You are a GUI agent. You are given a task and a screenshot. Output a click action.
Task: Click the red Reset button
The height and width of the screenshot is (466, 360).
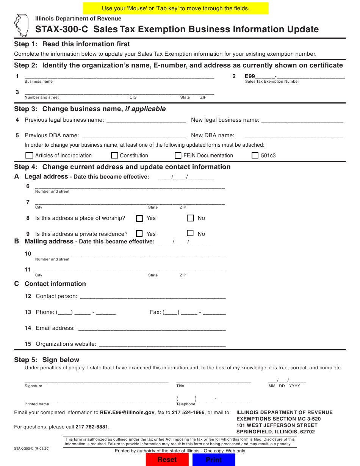click(167, 460)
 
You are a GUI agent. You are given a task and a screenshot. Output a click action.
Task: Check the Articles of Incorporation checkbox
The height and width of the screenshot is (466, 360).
click(29, 155)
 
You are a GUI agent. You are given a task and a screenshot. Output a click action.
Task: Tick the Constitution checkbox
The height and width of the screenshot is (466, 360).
click(114, 155)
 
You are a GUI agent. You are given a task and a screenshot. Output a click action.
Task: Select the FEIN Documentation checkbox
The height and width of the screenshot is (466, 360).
click(178, 155)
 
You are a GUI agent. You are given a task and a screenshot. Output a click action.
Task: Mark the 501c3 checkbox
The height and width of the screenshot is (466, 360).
click(255, 155)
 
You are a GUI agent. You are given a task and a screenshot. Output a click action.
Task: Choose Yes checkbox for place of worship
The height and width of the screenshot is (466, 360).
click(139, 218)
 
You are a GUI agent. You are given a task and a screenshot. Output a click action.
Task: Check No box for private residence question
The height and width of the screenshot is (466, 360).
click(190, 233)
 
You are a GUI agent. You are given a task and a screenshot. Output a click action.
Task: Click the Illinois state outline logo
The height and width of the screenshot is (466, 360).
click(22, 25)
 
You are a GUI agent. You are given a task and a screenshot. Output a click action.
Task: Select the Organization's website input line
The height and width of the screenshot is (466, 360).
click(162, 344)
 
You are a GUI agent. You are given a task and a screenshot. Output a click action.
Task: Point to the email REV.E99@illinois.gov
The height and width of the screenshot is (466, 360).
click(127, 413)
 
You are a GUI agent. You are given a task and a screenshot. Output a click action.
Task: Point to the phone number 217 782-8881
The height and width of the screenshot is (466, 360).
click(92, 427)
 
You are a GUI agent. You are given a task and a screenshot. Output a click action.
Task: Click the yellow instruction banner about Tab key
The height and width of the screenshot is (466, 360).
click(176, 8)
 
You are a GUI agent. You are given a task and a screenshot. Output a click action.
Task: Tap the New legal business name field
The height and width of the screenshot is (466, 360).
click(302, 120)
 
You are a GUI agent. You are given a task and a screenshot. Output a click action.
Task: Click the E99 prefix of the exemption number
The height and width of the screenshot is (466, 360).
click(250, 76)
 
